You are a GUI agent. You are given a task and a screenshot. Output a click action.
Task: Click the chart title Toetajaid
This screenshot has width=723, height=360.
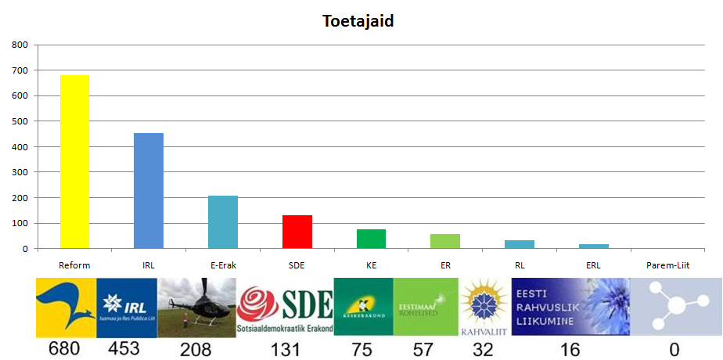coord(358,21)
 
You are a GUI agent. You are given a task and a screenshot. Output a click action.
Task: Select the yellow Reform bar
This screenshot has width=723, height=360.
coord(74,162)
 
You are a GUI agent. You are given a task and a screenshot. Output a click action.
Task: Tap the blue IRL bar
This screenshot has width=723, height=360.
coord(149,191)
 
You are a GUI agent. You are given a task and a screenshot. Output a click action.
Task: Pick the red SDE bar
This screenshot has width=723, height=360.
coord(297,232)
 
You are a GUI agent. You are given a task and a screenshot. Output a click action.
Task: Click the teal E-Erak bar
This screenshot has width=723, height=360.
coord(223,222)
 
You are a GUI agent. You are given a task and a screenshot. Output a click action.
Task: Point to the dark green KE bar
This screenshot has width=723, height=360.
coord(371,239)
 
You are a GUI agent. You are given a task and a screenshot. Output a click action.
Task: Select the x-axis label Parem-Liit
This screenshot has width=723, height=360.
coord(667,265)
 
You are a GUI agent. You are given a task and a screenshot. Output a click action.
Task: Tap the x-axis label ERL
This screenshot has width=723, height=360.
coord(593,265)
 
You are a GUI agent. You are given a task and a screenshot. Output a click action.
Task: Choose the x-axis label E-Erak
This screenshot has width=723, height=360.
coord(223,265)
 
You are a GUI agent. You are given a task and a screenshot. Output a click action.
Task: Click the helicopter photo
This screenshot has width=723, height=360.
coord(196,307)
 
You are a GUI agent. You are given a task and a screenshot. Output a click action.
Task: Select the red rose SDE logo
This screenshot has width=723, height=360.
coord(285,307)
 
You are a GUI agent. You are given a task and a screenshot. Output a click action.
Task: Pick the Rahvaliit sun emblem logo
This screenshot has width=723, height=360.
coord(483,307)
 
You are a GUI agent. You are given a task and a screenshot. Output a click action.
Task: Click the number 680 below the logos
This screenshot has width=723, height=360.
coord(64,349)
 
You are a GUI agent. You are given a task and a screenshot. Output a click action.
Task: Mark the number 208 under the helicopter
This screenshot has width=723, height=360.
coord(195,349)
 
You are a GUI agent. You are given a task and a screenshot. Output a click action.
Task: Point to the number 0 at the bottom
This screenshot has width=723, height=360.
coord(674,349)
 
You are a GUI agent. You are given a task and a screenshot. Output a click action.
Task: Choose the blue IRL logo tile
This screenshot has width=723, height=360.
coord(126,307)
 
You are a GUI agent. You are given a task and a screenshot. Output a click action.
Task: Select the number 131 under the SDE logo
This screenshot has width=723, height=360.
coord(285,349)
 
